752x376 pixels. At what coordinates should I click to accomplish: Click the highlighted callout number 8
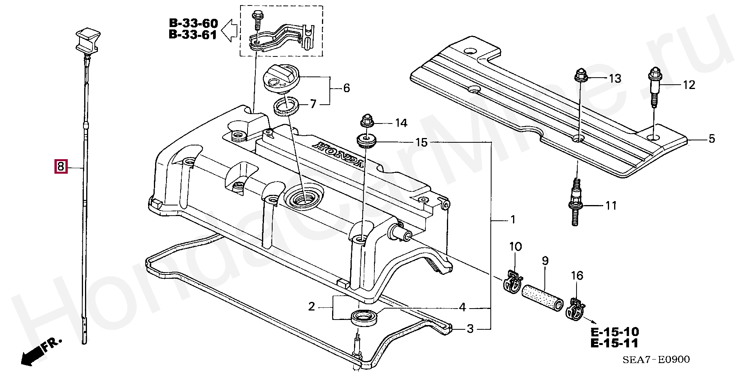(x=61, y=167)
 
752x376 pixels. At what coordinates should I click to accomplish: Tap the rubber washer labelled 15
(x=366, y=140)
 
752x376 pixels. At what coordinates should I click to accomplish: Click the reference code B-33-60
(x=193, y=23)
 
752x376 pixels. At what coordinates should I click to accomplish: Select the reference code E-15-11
(x=614, y=343)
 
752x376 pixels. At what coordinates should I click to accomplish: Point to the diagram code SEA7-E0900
(x=656, y=359)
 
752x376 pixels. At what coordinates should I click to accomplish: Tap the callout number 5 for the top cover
(x=712, y=138)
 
